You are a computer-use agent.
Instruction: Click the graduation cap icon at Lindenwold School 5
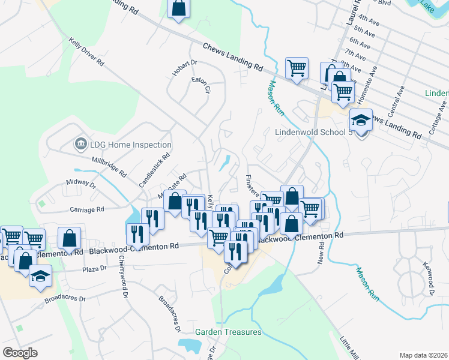pyautogui.click(x=360, y=121)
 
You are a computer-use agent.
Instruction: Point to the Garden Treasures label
pyautogui.click(x=228, y=332)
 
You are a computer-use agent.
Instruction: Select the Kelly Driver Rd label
pyautogui.click(x=86, y=52)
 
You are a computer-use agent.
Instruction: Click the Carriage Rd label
pyautogui.click(x=87, y=209)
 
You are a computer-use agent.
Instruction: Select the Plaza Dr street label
pyautogui.click(x=95, y=270)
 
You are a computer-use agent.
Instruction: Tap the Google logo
pyautogui.click(x=20, y=352)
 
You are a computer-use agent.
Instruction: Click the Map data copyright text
pyautogui.click(x=424, y=355)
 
